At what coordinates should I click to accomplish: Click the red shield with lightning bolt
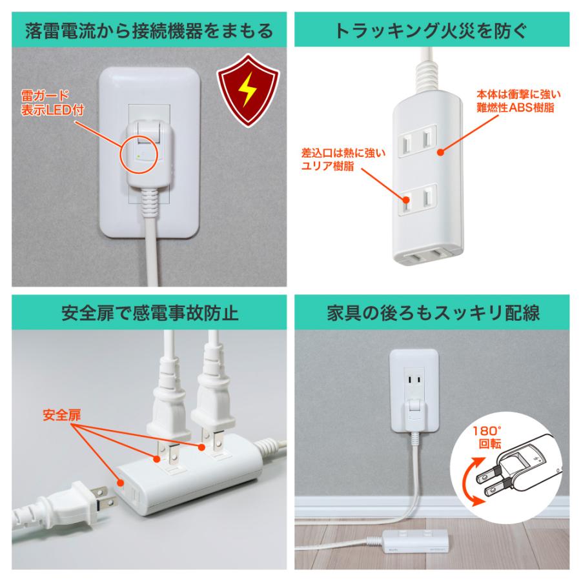247,92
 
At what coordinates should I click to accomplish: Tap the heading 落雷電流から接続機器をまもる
145,30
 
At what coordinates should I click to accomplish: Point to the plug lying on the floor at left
71,501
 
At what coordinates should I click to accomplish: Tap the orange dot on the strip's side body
440,152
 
